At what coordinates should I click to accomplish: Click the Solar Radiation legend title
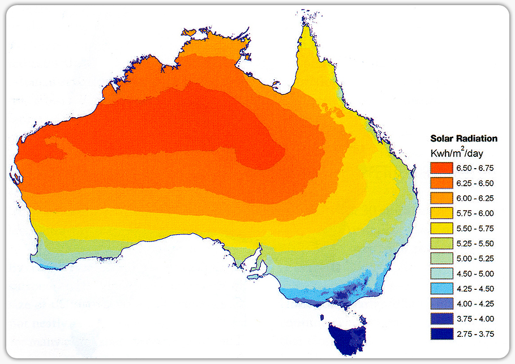coord(463,138)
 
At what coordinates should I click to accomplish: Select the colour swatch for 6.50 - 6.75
coord(442,168)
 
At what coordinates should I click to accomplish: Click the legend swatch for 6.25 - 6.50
coord(442,183)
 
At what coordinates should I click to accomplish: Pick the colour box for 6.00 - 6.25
coord(442,198)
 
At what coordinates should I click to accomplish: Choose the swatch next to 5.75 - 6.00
coord(442,213)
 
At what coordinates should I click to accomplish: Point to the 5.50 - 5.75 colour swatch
coord(442,229)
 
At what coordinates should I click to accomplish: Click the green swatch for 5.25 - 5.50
coord(442,243)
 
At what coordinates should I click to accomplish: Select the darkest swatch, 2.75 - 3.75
coord(442,334)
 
